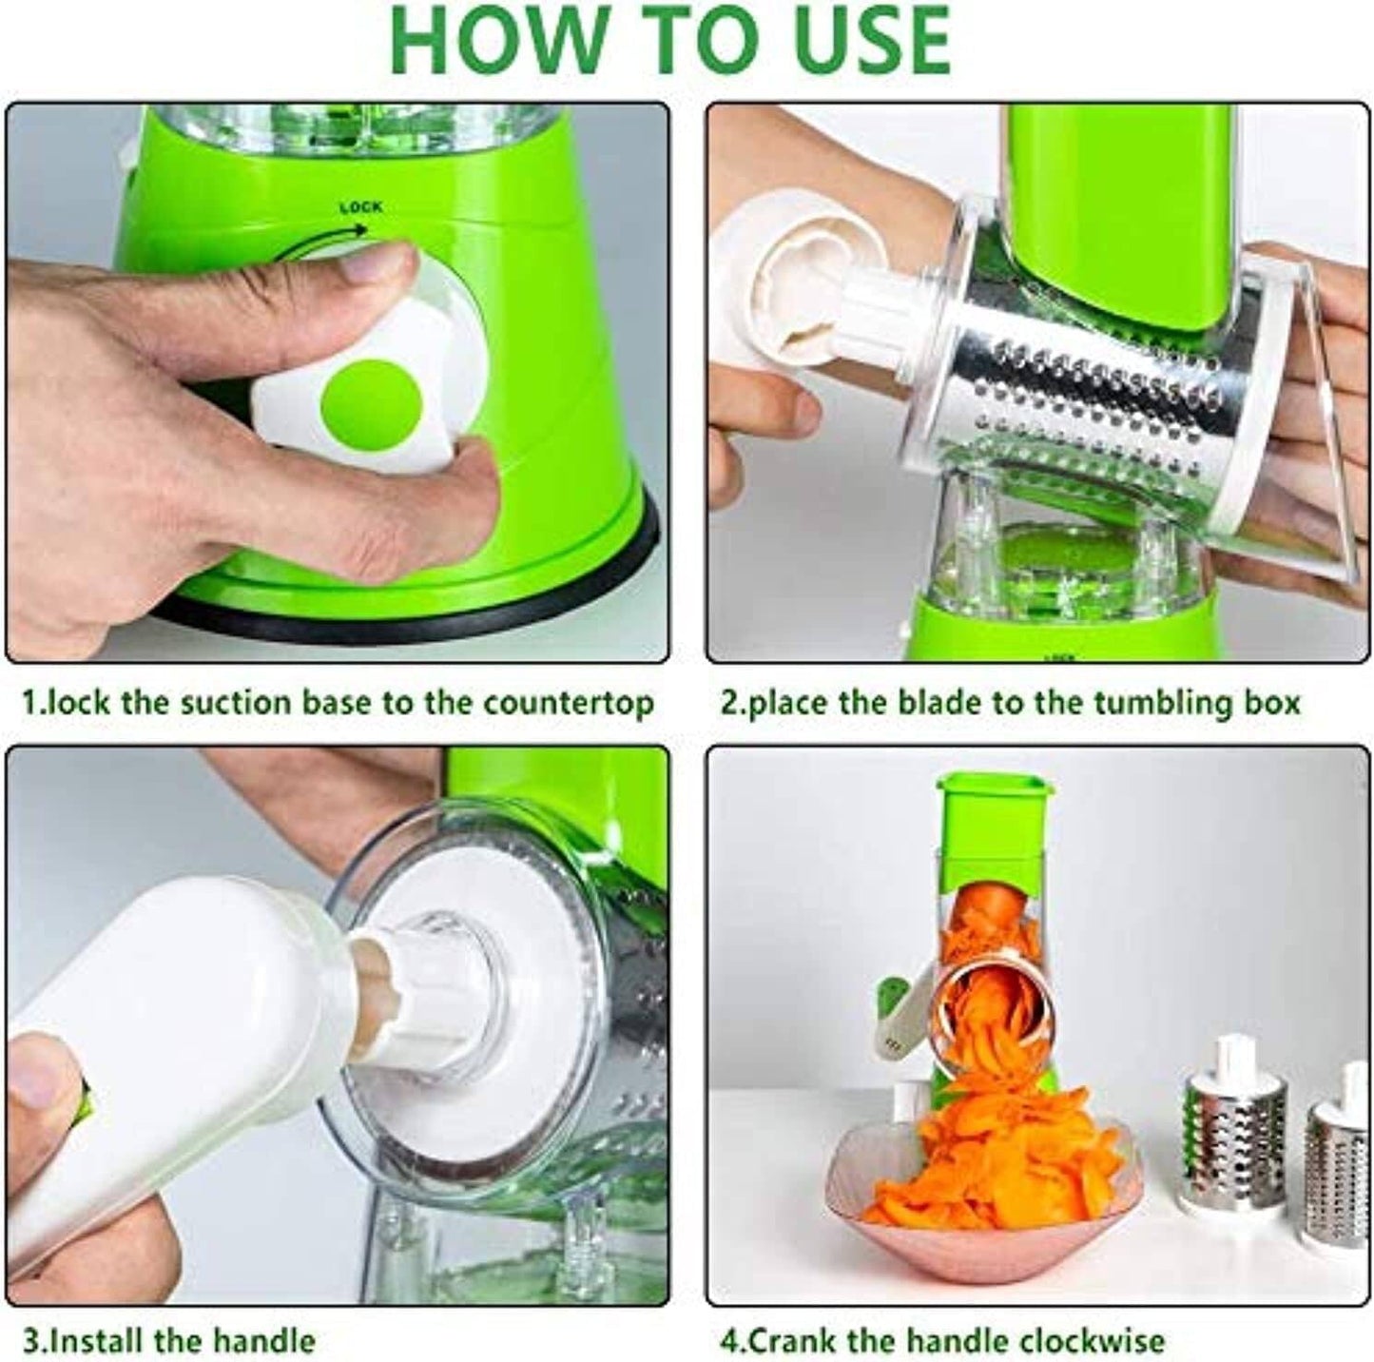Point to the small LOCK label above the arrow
coord(360,207)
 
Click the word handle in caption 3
coord(262,1341)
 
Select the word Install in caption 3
coord(98,1341)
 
